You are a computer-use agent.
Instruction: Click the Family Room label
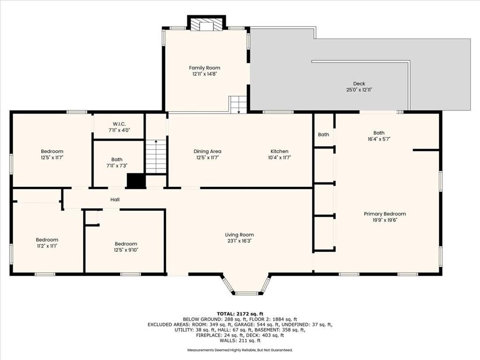click(x=204, y=68)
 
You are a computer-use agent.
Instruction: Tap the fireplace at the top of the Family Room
click(x=206, y=24)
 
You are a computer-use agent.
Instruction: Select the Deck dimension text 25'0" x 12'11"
click(x=359, y=90)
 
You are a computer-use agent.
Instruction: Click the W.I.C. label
click(x=119, y=124)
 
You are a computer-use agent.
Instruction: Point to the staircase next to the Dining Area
click(x=156, y=156)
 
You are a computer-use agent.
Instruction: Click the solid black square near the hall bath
click(x=136, y=180)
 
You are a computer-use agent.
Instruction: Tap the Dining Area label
click(x=207, y=151)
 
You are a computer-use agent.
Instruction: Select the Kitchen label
click(x=279, y=151)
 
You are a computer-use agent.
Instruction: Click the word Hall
click(x=115, y=200)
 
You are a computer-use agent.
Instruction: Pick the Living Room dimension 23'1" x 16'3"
click(x=240, y=241)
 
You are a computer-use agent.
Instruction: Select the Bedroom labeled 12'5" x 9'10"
click(x=126, y=244)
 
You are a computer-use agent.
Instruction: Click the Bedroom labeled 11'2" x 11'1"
click(x=47, y=240)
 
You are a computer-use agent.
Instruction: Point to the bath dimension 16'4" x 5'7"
click(x=379, y=139)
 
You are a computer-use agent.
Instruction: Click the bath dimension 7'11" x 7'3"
click(x=117, y=165)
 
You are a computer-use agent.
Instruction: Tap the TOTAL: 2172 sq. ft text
click(x=240, y=314)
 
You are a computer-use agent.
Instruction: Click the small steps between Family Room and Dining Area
click(x=238, y=105)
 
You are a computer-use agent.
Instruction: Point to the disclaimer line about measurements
click(x=240, y=350)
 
